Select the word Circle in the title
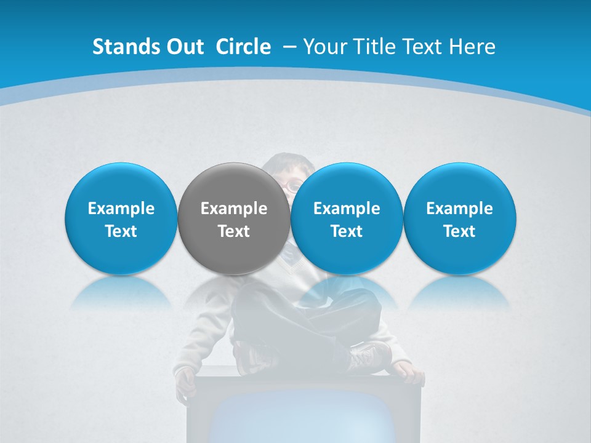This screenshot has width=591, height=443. click(x=243, y=47)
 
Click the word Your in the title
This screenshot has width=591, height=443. click(x=323, y=47)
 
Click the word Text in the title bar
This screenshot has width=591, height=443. click(x=420, y=47)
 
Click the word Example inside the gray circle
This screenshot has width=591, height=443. click(x=233, y=209)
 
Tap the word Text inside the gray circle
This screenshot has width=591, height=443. click(x=233, y=231)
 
